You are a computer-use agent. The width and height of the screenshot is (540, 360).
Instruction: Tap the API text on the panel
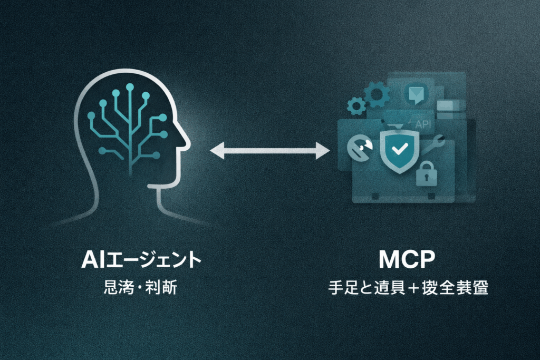click(x=423, y=125)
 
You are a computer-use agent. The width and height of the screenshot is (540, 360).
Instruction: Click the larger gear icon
click(x=377, y=95)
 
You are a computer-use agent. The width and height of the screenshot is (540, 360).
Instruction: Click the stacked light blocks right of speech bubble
click(x=448, y=105)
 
